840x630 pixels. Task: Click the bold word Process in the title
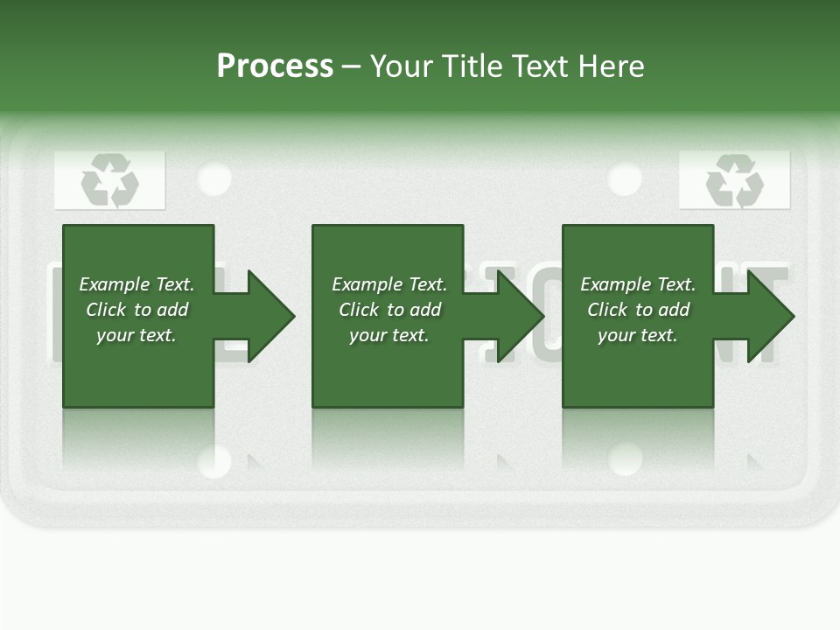pos(275,66)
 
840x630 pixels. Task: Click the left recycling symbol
pos(110,181)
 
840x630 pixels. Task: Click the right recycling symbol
pos(734,181)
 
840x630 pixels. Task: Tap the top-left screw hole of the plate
pos(214,178)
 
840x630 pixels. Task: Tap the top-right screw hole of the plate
pos(624,178)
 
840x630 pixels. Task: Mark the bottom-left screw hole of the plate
pos(214,460)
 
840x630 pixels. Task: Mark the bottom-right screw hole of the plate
pos(625,458)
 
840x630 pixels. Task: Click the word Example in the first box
pos(114,284)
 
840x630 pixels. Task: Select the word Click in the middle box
pos(360,310)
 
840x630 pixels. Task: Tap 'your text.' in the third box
pos(637,335)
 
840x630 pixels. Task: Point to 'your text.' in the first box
pos(136,335)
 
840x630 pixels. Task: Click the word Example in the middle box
pos(367,284)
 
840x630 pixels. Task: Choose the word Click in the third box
pos(608,310)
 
